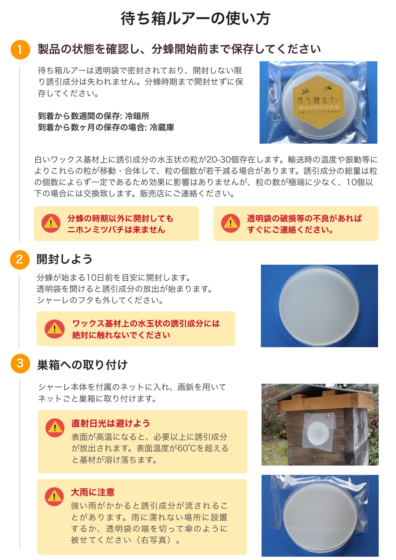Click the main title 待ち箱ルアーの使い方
(x=195, y=19)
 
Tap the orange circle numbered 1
(x=20, y=50)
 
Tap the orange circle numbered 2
(x=20, y=259)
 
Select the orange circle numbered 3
(x=20, y=363)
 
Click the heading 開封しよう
(x=65, y=259)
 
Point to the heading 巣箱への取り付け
(x=82, y=365)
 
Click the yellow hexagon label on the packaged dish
(x=319, y=102)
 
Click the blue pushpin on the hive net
(x=308, y=414)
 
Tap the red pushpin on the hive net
(x=328, y=415)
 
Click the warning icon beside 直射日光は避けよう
(x=55, y=428)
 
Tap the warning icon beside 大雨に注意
(x=54, y=496)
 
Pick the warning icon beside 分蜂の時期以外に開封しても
(x=51, y=223)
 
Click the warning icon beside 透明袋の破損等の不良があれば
(x=230, y=223)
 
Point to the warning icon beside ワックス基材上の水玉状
(x=55, y=329)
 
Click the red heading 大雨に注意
(x=93, y=492)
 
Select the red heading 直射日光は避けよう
(x=110, y=423)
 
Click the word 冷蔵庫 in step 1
(x=162, y=127)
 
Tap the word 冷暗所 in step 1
(x=137, y=116)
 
